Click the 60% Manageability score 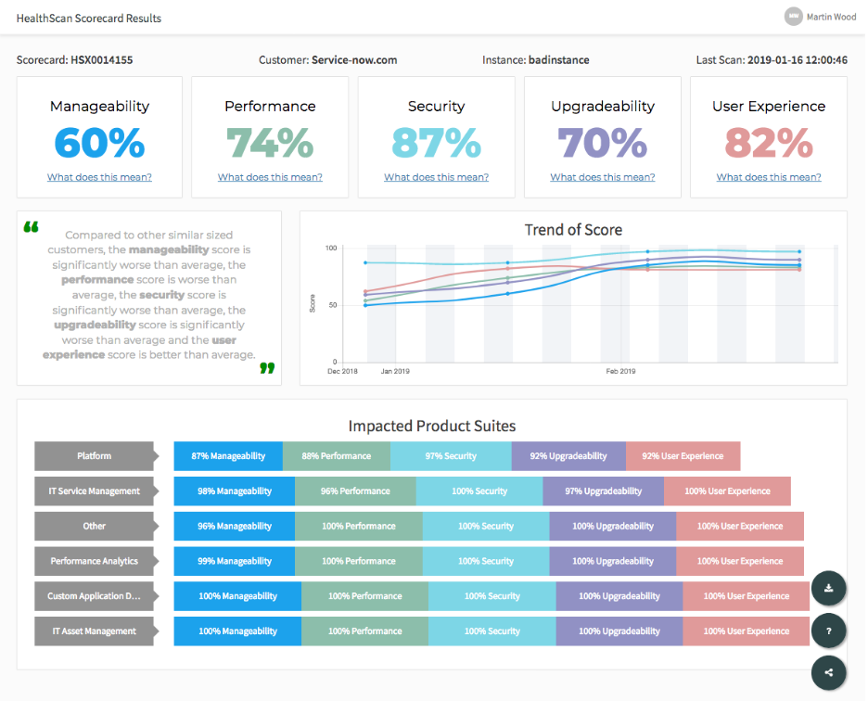pos(99,143)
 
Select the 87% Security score pos(436,143)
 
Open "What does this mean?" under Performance pos(270,177)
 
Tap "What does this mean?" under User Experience pos(769,177)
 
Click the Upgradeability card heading pos(603,107)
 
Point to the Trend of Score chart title pos(573,230)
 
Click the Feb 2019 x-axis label pos(620,371)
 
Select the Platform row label pos(95,456)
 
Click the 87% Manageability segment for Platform pos(228,456)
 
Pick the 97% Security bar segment pos(451,456)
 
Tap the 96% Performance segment pos(355,491)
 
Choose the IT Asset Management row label pos(95,631)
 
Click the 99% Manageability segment pos(235,561)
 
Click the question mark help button pos(828,631)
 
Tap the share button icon pos(828,673)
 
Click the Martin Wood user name pos(832,17)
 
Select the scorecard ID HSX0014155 pos(102,60)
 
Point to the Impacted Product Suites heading pos(432,427)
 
